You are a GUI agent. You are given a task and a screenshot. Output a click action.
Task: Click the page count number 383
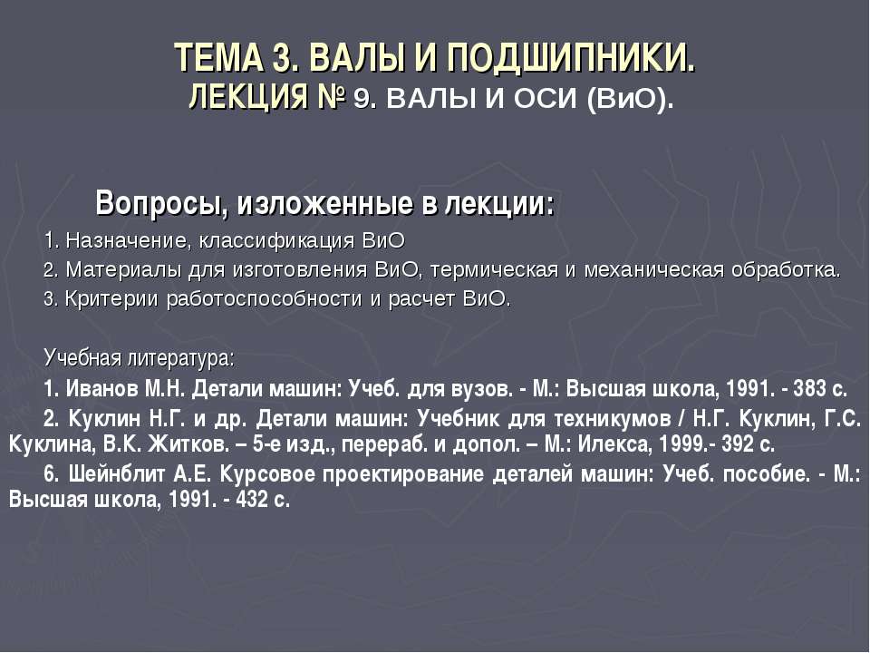pos(808,389)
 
